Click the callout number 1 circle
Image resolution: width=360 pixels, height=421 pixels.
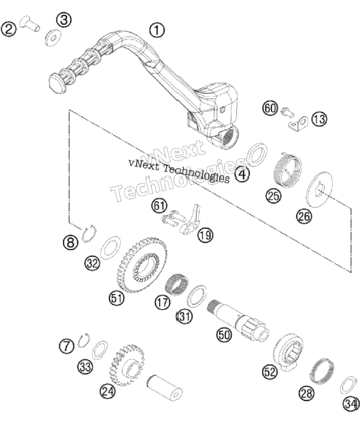pos(157,30)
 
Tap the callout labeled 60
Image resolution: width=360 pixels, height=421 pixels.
pos(270,109)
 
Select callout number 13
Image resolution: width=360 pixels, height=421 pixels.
pos(319,119)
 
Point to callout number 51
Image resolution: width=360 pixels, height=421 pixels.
pos(117,298)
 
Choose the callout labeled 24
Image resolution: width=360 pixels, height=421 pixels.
pos(108,392)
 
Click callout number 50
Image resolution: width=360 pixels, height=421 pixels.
pos(224,335)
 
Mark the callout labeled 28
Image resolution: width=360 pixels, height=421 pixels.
pos(307,393)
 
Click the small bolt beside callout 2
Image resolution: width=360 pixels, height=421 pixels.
pos(30,23)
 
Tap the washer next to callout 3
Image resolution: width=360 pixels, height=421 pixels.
pos(53,37)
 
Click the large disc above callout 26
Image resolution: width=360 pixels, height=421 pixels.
pos(319,190)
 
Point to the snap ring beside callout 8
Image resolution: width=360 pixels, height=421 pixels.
pos(89,234)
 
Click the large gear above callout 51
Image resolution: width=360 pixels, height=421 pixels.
pos(142,265)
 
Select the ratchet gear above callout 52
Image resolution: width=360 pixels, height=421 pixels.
pos(288,353)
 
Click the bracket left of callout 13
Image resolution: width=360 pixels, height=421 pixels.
pos(299,124)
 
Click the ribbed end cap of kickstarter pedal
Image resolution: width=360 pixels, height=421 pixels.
pos(57,84)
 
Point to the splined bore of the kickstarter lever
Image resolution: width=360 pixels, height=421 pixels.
pos(227,137)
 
